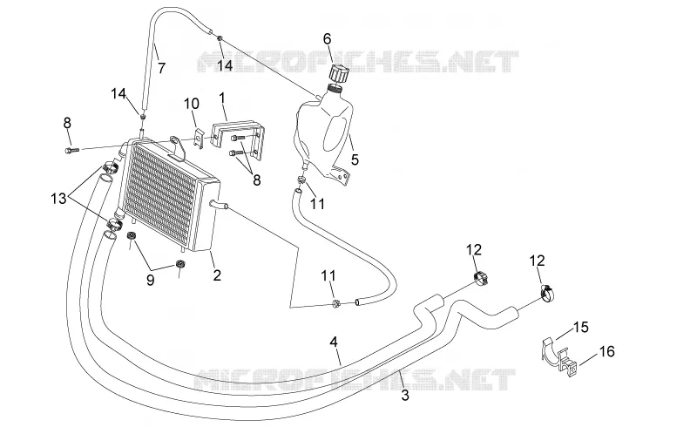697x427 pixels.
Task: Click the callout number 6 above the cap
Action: [328, 38]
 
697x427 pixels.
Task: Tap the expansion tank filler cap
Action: [338, 73]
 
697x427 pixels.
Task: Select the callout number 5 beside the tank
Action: [355, 159]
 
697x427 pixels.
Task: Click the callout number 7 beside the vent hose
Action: [162, 68]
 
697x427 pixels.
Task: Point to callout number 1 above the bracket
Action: [222, 98]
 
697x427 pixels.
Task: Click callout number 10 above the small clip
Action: [192, 104]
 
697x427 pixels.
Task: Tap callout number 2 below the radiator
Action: [217, 275]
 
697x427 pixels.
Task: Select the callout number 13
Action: [58, 199]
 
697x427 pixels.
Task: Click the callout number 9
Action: [150, 281]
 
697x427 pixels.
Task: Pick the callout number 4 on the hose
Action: [334, 342]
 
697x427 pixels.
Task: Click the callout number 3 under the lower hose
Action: [405, 395]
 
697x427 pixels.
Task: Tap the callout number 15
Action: [580, 327]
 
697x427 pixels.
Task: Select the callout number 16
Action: [606, 351]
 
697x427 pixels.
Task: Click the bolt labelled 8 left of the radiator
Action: [71, 151]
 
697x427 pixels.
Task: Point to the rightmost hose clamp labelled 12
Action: [548, 293]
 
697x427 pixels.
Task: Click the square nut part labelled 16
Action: [572, 369]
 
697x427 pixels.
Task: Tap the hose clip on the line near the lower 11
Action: [336, 304]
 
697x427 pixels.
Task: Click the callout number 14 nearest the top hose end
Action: [225, 65]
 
